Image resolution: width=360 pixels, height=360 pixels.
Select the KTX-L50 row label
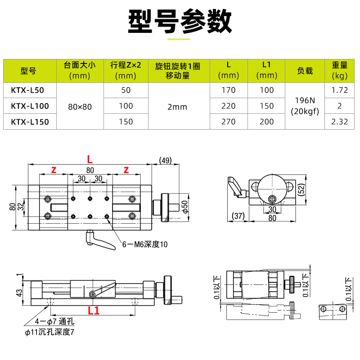[x=27, y=90]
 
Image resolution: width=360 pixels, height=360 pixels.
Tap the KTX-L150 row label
[x=30, y=121]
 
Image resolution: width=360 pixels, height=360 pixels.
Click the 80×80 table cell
[x=80, y=106]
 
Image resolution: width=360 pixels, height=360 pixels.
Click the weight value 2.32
[x=339, y=121]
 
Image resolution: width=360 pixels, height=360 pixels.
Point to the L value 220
[x=229, y=106]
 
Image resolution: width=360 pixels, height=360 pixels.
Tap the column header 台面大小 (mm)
[x=80, y=71]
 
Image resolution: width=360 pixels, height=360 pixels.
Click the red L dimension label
[x=90, y=159]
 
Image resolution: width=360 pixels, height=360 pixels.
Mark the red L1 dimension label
[x=93, y=310]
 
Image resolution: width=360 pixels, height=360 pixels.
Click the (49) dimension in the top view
[x=166, y=160]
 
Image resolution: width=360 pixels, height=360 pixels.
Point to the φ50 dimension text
[x=184, y=206]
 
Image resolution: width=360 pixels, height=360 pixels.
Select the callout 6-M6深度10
[x=145, y=245]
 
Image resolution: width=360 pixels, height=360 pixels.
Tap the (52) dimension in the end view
[x=301, y=189]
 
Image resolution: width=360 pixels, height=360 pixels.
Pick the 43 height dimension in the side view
[x=19, y=292]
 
